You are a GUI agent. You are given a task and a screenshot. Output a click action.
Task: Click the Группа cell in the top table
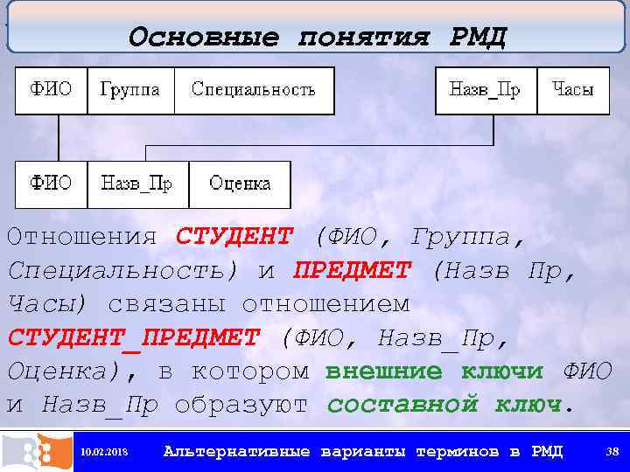click(130, 90)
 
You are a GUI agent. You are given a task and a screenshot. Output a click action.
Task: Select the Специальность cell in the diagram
click(254, 90)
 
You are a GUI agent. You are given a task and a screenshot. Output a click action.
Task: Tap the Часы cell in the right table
click(573, 90)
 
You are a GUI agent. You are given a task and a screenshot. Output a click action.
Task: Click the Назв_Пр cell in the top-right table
click(485, 90)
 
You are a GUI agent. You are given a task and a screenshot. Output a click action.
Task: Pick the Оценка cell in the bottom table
click(240, 184)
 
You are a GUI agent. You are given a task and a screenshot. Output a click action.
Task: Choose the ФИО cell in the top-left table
click(52, 90)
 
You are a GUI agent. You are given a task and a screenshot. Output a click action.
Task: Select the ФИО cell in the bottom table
click(52, 184)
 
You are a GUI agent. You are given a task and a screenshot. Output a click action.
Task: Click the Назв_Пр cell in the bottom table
click(137, 184)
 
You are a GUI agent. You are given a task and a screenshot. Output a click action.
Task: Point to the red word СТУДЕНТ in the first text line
click(234, 236)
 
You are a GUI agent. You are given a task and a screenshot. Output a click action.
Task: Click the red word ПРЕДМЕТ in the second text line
click(352, 270)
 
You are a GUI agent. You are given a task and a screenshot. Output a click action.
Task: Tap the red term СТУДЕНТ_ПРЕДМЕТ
click(134, 337)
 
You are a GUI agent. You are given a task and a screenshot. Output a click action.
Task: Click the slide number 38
click(612, 452)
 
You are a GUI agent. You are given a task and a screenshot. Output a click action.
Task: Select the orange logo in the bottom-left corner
click(36, 451)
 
